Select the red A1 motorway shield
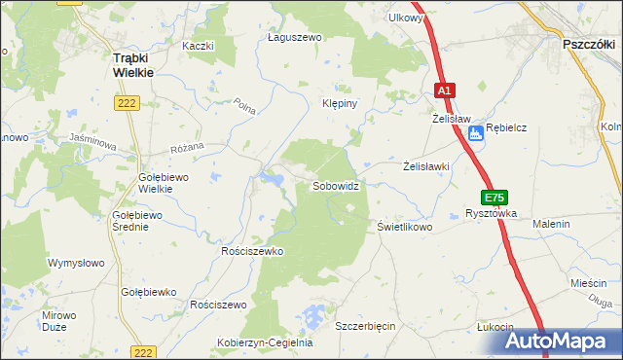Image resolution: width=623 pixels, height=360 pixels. pyautogui.click(x=444, y=90)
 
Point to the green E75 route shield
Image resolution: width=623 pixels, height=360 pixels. pyautogui.click(x=494, y=198)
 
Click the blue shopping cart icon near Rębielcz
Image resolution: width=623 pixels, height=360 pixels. pyautogui.click(x=474, y=134)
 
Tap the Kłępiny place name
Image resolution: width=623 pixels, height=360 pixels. pyautogui.click(x=342, y=102)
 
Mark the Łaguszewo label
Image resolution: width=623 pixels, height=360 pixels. pyautogui.click(x=294, y=38)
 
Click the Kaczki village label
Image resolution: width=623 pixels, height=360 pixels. pyautogui.click(x=198, y=46)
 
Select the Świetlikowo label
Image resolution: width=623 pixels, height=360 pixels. pyautogui.click(x=404, y=226)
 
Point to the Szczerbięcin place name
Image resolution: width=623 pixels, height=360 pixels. pyautogui.click(x=365, y=326)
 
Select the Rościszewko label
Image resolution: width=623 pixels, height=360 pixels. pyautogui.click(x=251, y=251)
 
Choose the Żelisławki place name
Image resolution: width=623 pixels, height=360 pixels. pyautogui.click(x=426, y=166)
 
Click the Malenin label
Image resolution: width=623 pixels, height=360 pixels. pyautogui.click(x=551, y=225)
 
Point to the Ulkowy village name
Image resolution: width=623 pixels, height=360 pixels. pyautogui.click(x=405, y=18)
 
